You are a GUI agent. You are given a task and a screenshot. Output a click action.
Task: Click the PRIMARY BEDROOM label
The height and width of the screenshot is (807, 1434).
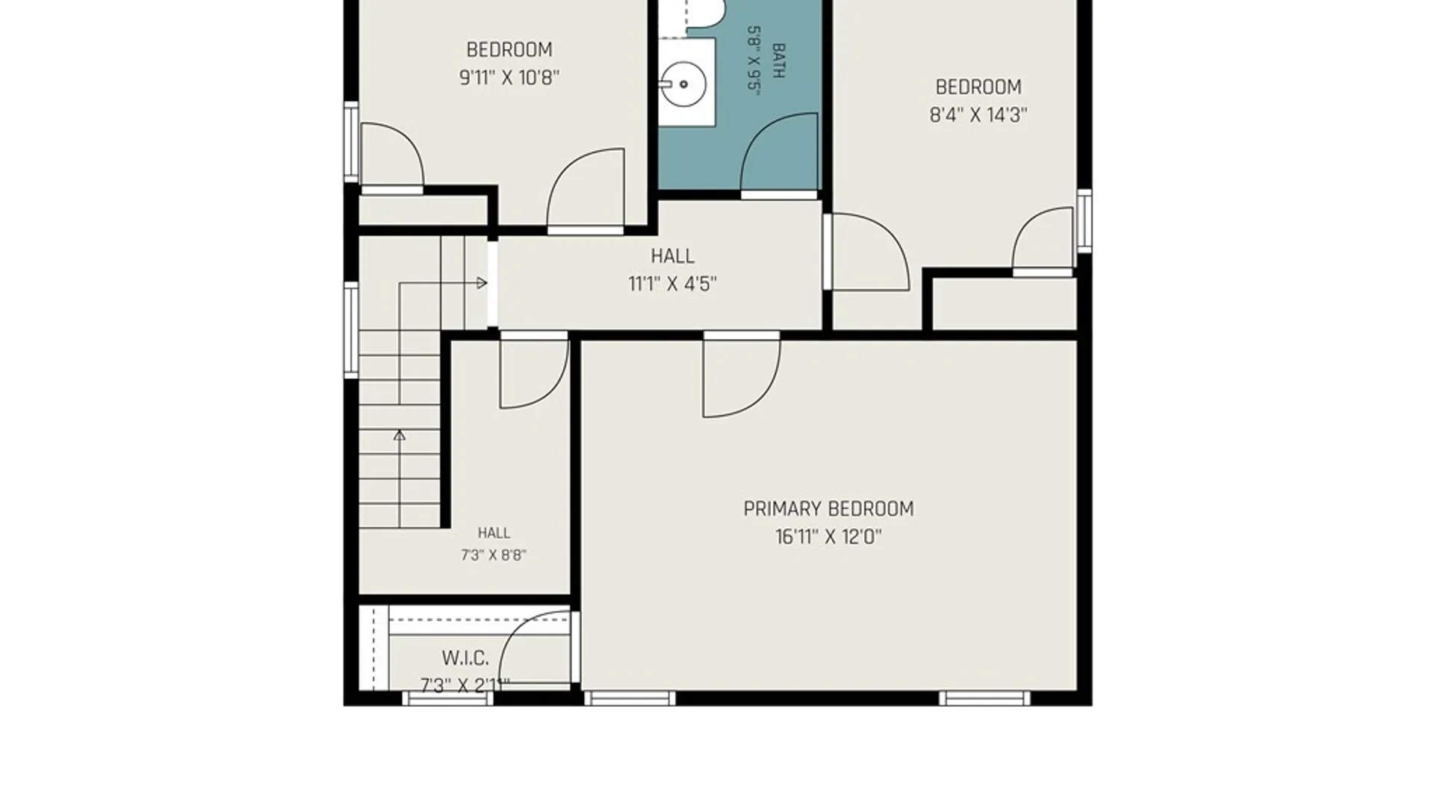coord(828,509)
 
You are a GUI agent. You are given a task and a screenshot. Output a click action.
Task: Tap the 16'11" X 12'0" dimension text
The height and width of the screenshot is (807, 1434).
coord(828,537)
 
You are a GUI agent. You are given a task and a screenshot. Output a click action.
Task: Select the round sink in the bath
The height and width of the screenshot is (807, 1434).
coord(683,84)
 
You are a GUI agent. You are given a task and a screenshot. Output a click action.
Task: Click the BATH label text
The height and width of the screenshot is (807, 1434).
coord(778,61)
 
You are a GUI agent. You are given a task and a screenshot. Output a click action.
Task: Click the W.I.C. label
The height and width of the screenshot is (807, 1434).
coord(465,658)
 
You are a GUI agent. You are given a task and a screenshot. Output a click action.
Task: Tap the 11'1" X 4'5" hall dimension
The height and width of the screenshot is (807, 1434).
coord(672,284)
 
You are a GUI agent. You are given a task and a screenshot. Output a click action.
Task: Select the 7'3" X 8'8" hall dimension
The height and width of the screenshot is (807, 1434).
coord(494,555)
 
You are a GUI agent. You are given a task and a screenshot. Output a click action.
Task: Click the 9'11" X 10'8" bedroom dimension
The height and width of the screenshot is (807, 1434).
coord(509,78)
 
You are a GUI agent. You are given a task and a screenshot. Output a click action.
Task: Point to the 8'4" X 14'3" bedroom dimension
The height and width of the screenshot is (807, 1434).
coord(978,115)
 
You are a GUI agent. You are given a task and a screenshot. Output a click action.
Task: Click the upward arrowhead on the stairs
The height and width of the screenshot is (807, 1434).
coord(400,435)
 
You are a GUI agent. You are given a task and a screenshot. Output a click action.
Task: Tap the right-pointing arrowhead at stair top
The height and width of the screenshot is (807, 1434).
coord(482,283)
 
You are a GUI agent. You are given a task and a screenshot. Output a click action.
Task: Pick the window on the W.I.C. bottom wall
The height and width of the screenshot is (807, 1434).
coord(447,699)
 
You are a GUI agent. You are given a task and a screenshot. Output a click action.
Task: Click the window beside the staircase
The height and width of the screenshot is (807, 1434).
coord(350,330)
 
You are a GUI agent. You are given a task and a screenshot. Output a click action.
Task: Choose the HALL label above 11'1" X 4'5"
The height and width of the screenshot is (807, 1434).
coord(672,256)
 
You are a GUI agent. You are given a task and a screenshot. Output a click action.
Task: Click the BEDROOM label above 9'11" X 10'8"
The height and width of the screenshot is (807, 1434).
coord(509,50)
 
